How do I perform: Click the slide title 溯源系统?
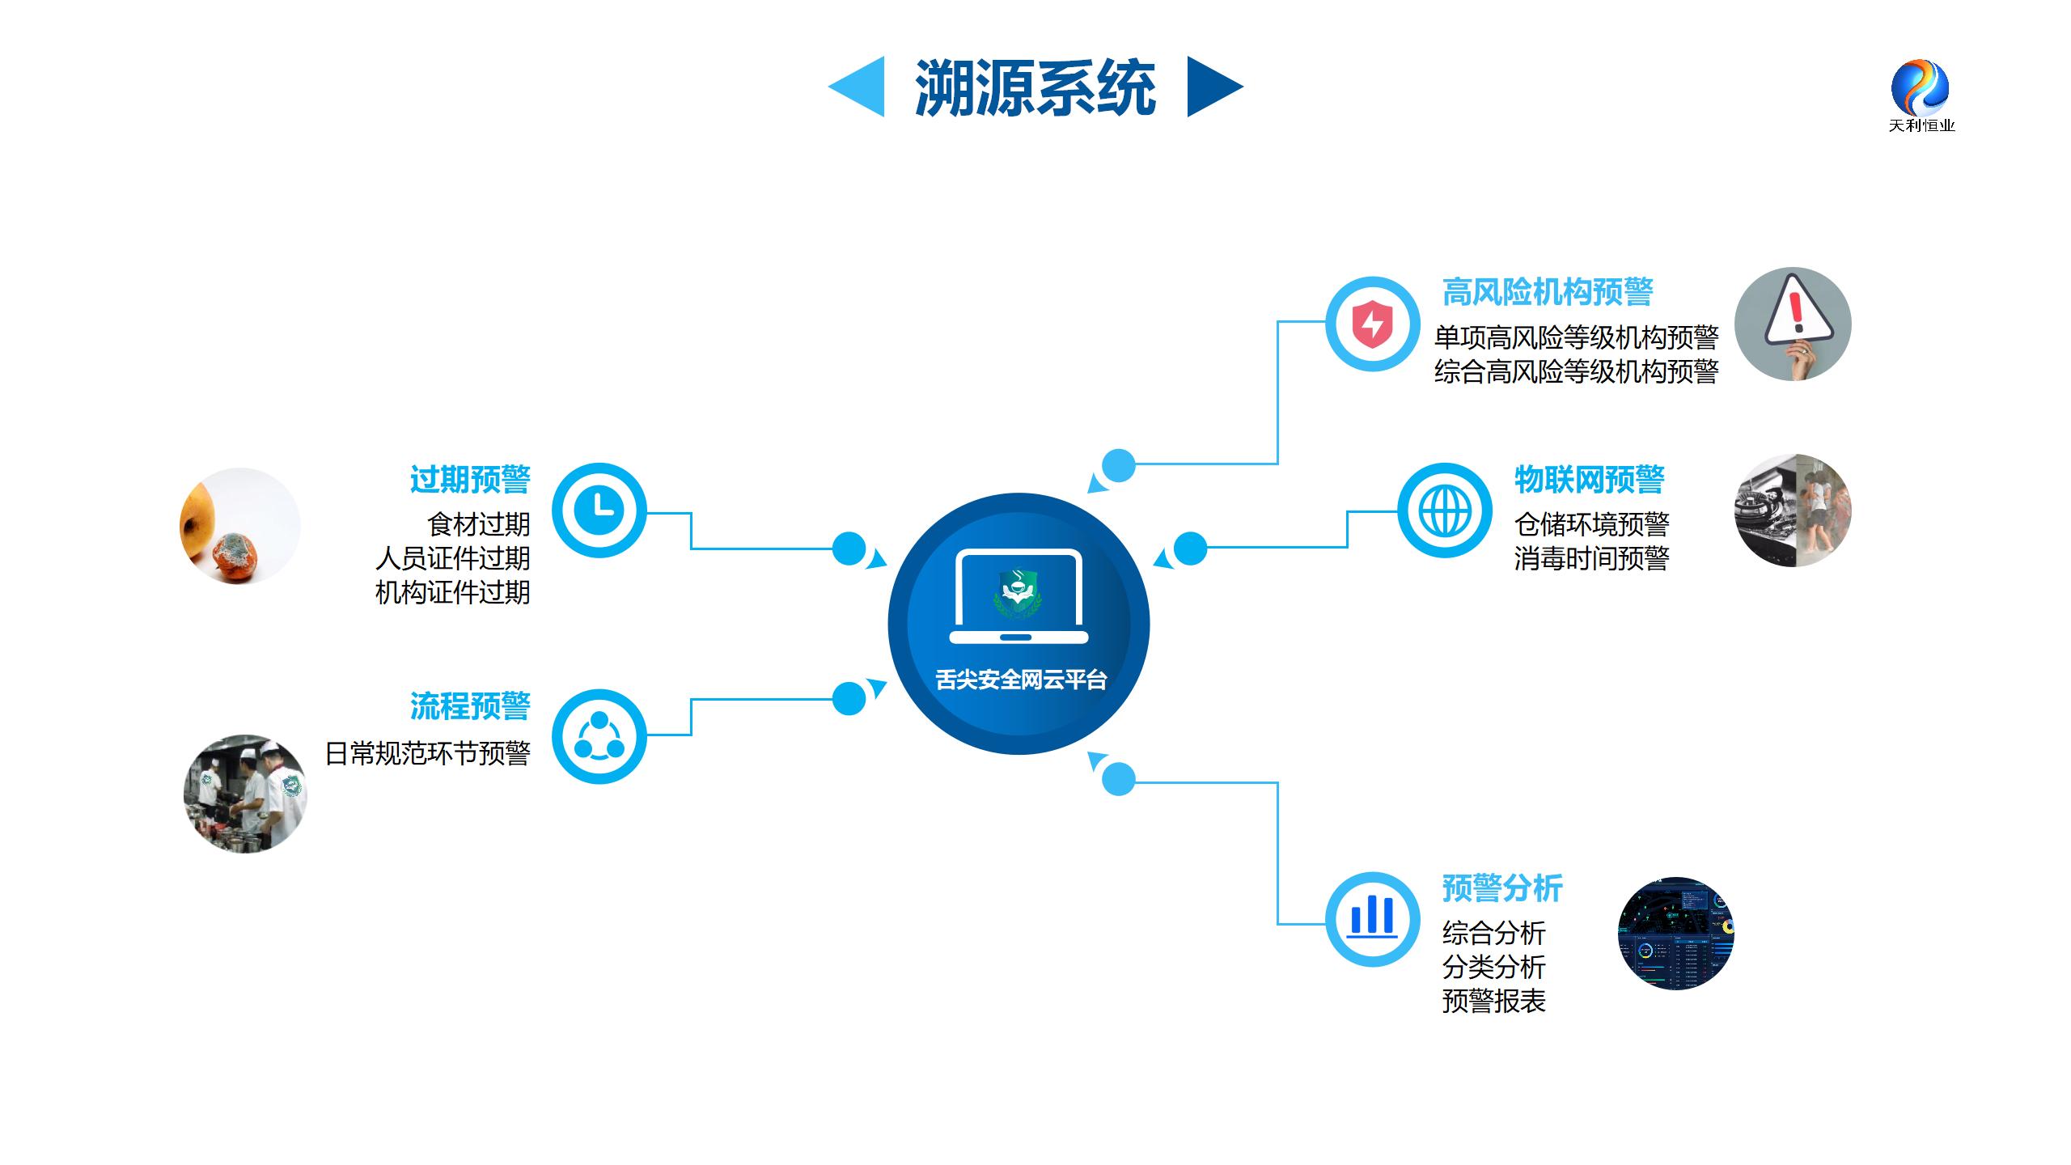pyautogui.click(x=1035, y=87)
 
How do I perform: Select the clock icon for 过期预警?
pyautogui.click(x=599, y=510)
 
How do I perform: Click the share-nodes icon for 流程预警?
pyautogui.click(x=599, y=736)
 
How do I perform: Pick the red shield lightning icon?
pyautogui.click(x=1372, y=324)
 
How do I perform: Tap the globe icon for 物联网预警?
pyautogui.click(x=1445, y=510)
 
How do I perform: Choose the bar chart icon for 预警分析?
pyautogui.click(x=1372, y=918)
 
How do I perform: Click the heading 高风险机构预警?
pyautogui.click(x=1547, y=292)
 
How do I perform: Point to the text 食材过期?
pyautogui.click(x=479, y=524)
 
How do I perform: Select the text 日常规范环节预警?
pyautogui.click(x=427, y=753)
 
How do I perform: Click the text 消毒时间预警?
pyautogui.click(x=1591, y=558)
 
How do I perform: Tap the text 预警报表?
pyautogui.click(x=1493, y=1002)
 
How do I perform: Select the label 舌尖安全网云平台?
pyautogui.click(x=1021, y=680)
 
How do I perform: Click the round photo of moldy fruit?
pyautogui.click(x=239, y=526)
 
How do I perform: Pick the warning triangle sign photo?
pyautogui.click(x=1793, y=324)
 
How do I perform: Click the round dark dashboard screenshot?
pyautogui.click(x=1675, y=933)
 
